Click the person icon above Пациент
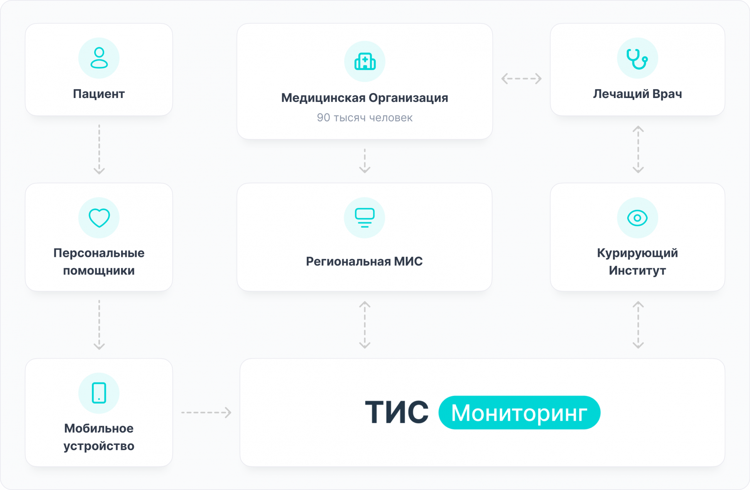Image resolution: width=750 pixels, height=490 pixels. [99, 58]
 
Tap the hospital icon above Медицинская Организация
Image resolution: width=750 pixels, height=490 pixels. [365, 61]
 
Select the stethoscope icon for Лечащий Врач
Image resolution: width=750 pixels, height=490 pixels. [637, 59]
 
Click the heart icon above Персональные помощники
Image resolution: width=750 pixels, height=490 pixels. [99, 218]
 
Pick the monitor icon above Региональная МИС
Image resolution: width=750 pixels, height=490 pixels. [365, 218]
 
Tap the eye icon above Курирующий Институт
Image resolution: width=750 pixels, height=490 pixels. [637, 218]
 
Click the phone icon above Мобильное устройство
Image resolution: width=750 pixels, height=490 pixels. [99, 393]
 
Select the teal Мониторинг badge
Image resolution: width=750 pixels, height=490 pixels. [519, 412]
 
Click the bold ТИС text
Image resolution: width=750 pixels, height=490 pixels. [397, 412]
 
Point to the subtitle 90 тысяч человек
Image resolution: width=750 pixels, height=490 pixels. [365, 118]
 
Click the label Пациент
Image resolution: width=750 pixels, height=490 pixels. [99, 94]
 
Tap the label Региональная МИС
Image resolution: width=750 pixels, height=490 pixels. [364, 261]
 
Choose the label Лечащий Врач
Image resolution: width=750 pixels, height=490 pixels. [637, 94]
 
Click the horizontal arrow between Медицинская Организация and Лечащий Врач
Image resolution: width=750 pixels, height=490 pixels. [521, 79]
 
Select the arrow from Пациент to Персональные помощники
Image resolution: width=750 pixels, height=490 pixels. [99, 149]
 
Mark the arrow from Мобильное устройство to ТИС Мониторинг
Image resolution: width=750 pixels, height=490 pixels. [206, 412]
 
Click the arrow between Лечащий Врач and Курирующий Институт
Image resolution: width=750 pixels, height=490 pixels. [638, 149]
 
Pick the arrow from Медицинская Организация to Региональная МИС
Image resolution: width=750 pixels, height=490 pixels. [365, 161]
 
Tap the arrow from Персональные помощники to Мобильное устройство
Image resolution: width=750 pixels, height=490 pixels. [99, 325]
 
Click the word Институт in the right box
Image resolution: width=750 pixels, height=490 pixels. [637, 270]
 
